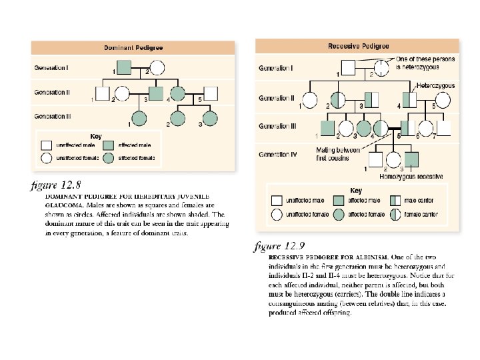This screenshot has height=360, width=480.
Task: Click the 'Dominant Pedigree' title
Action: (x=133, y=48)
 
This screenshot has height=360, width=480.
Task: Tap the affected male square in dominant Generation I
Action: (x=123, y=68)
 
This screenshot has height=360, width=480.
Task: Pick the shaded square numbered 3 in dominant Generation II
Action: (x=155, y=93)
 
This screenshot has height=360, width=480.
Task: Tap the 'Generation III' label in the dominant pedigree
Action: (x=54, y=116)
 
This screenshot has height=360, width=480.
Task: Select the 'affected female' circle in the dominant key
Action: (x=110, y=158)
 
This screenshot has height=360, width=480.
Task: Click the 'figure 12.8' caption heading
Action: (x=56, y=184)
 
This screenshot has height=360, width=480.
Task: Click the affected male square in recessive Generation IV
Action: (x=412, y=159)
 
